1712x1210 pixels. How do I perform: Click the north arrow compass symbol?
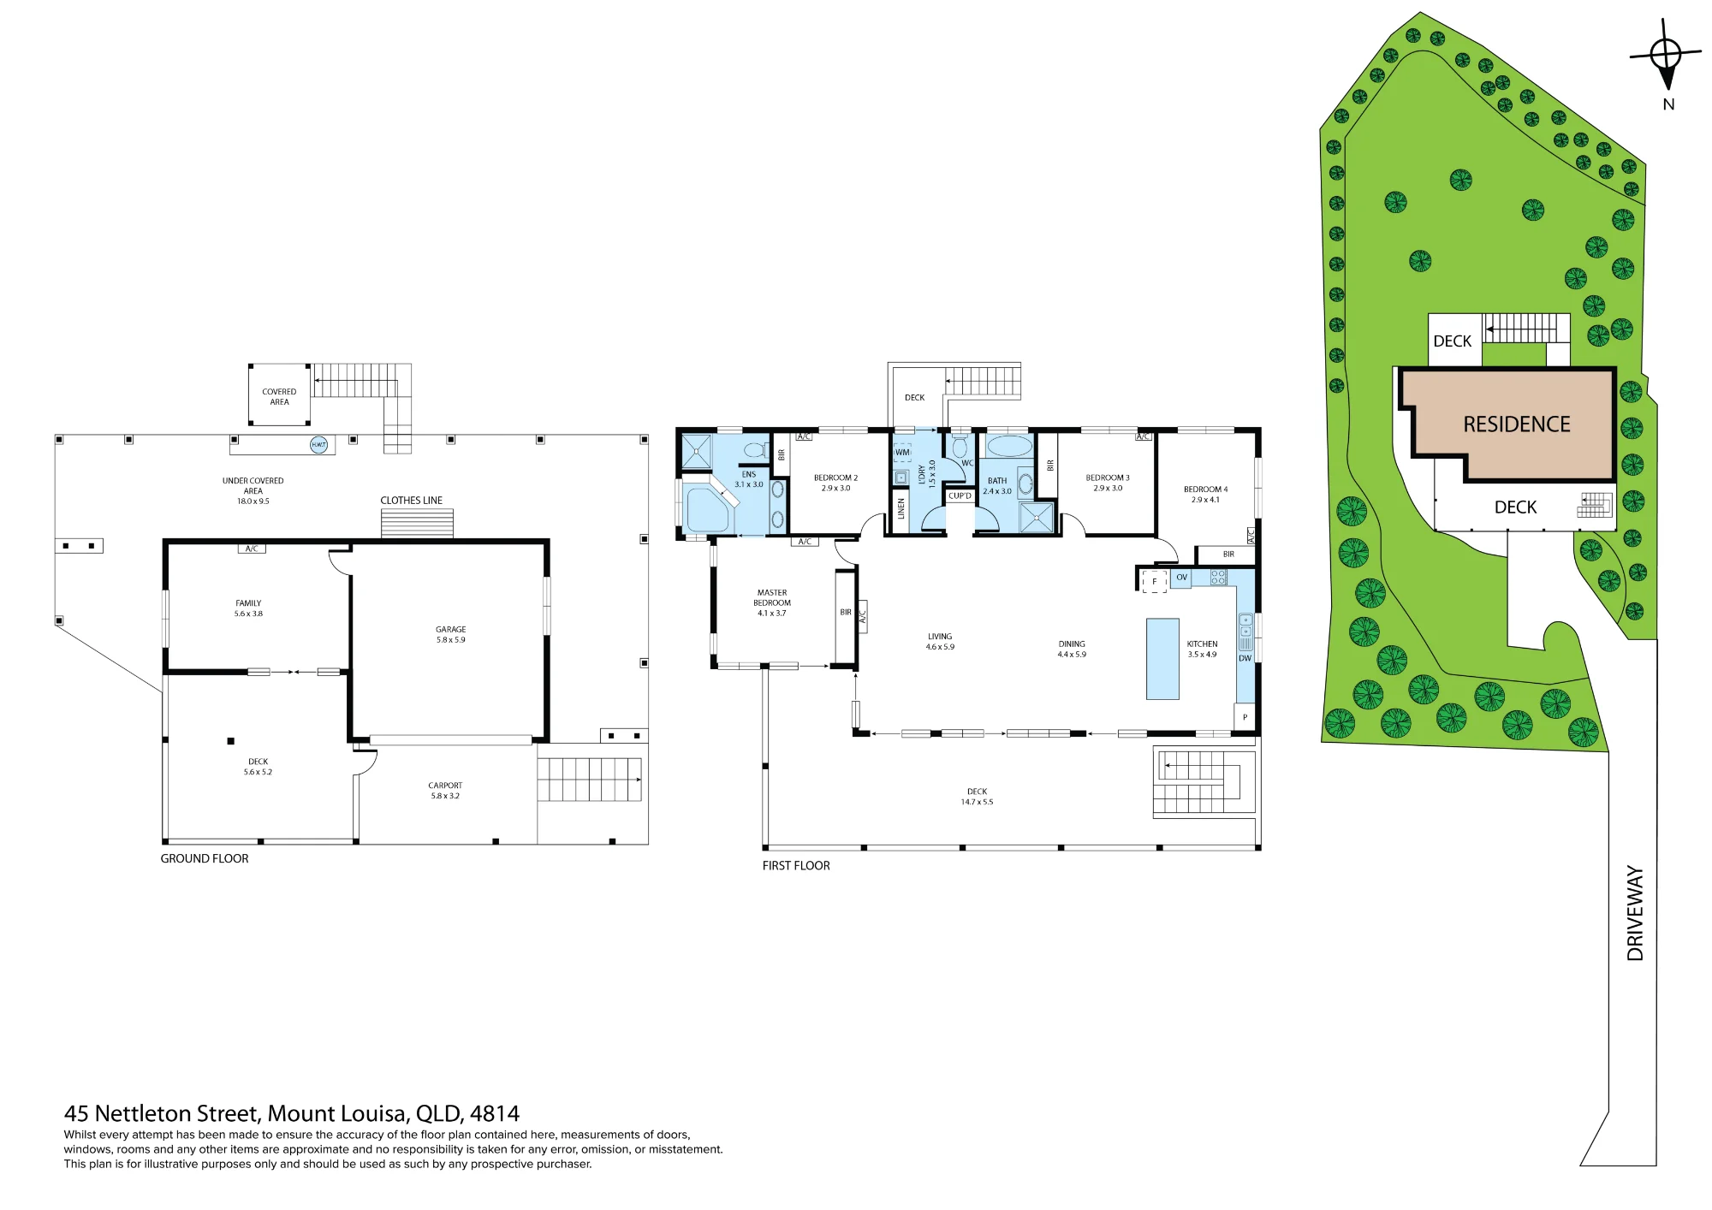(x=1666, y=54)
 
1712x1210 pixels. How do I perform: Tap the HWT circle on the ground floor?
(x=318, y=445)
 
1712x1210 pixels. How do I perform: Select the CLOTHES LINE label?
(x=412, y=501)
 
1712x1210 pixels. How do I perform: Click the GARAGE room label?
(x=450, y=629)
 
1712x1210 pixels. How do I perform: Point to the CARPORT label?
(x=445, y=786)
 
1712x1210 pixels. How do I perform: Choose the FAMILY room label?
(x=248, y=603)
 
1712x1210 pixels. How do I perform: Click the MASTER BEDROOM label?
(x=772, y=597)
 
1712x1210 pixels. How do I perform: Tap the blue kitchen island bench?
(x=1162, y=659)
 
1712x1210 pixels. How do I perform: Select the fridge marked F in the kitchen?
(x=1154, y=582)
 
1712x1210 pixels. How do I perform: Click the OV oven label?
(x=1181, y=578)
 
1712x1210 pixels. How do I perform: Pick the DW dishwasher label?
(x=1245, y=658)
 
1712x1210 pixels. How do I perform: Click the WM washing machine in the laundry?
(x=902, y=453)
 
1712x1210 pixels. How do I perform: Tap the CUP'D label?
(x=960, y=496)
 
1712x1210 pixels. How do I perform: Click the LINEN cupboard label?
(x=901, y=509)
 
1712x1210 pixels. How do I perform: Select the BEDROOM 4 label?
(x=1205, y=489)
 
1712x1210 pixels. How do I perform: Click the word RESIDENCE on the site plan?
(x=1517, y=424)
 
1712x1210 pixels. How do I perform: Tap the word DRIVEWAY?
(x=1635, y=913)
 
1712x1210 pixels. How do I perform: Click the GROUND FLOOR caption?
(x=205, y=858)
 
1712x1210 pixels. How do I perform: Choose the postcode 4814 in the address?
(x=495, y=1113)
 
